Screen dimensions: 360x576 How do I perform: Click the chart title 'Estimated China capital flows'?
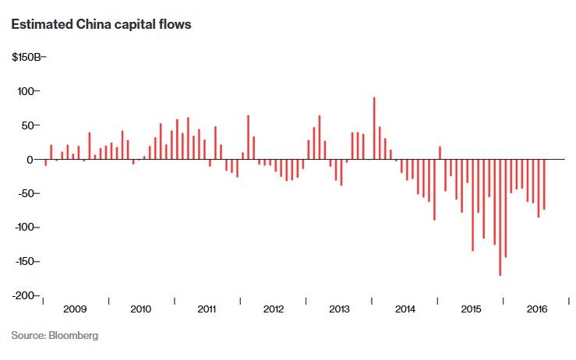(101, 24)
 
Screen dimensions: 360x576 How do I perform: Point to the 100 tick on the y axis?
(27, 91)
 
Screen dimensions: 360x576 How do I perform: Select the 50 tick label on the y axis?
(30, 125)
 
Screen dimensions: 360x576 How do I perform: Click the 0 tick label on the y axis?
(33, 159)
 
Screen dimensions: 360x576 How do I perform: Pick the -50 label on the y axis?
(28, 193)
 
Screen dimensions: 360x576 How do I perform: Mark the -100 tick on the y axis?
(25, 228)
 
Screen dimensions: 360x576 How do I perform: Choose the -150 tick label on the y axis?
(25, 261)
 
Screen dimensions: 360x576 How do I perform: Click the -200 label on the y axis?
(25, 295)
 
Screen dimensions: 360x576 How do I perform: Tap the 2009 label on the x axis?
(75, 309)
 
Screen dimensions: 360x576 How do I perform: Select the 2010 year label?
(141, 309)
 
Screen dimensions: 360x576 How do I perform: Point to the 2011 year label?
(207, 309)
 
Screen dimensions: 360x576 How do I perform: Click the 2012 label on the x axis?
(274, 309)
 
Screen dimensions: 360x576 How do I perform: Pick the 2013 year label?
(340, 309)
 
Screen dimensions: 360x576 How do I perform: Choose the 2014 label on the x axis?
(405, 309)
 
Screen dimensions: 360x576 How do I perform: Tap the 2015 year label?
(472, 309)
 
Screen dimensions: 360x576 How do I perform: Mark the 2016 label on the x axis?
(538, 309)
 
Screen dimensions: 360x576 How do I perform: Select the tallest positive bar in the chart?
(374, 128)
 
